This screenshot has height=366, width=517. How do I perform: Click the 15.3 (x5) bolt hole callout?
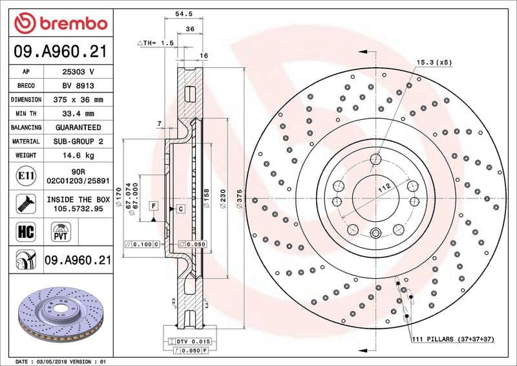[x=434, y=62]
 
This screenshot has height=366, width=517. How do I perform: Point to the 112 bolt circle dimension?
[x=386, y=188]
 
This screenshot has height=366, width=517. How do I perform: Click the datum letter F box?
[x=153, y=206]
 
